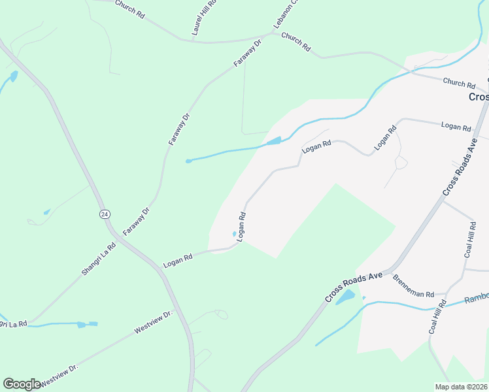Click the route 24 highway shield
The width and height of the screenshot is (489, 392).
(x=105, y=214)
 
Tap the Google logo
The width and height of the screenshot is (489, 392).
(x=22, y=384)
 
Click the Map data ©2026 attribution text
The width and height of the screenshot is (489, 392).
(x=460, y=387)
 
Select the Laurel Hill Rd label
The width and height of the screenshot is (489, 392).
(x=198, y=20)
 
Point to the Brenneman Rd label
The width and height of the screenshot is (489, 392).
(x=413, y=286)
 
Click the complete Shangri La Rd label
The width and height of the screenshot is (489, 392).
(x=99, y=259)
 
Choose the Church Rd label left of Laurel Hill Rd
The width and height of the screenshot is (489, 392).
(x=129, y=9)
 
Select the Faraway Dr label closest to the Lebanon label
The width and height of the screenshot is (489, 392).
(x=248, y=54)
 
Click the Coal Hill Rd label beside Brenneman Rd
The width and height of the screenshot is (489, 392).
(x=437, y=318)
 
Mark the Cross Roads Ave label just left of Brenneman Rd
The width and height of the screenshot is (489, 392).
(x=354, y=287)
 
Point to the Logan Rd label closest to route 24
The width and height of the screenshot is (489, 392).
(x=178, y=259)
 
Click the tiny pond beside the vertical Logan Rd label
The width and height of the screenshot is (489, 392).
(x=235, y=234)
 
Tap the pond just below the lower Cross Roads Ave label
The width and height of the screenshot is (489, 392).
(x=344, y=297)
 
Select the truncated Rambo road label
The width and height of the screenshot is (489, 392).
(x=476, y=299)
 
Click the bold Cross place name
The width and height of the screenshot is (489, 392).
(x=478, y=96)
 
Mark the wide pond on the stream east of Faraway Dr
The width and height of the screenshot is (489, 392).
(x=274, y=140)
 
